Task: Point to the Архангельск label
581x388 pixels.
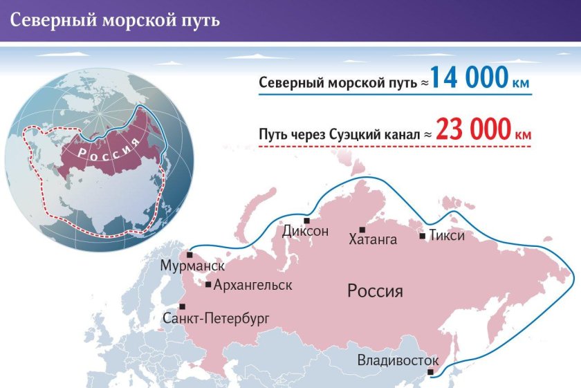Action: (252, 285)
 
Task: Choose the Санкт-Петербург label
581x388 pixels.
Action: (215, 318)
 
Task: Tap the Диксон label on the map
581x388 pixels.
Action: (305, 231)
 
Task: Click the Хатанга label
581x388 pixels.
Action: (373, 240)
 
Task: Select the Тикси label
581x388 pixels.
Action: (446, 235)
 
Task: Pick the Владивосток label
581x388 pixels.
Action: (398, 360)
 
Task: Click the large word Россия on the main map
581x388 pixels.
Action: (375, 290)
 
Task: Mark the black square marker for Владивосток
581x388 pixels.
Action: (431, 373)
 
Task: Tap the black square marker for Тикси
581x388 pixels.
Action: (422, 236)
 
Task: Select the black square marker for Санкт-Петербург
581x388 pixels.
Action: (183, 306)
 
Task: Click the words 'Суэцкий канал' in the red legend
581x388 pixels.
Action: (376, 134)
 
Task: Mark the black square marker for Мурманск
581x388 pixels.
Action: (189, 255)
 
